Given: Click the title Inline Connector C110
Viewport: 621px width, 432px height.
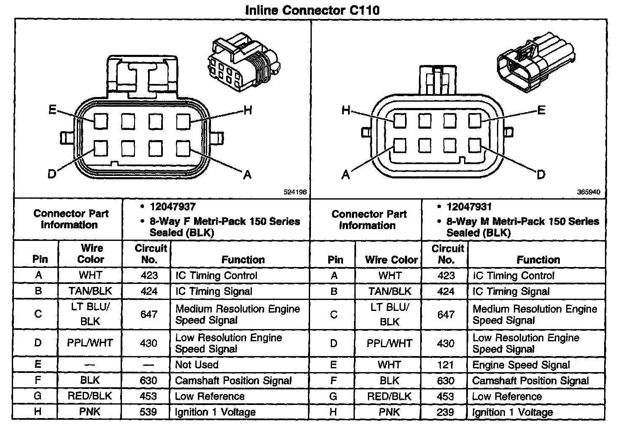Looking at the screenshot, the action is (312, 10).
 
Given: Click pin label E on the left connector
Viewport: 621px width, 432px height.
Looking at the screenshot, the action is (52, 110).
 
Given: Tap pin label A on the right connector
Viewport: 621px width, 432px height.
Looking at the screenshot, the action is (346, 174).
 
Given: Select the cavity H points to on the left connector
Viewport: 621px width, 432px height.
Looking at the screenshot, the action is (183, 122).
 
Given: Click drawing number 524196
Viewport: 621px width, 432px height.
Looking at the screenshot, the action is (295, 192).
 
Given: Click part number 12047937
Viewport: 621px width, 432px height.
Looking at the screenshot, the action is (173, 207).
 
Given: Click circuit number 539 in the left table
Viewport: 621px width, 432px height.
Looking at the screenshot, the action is (148, 412).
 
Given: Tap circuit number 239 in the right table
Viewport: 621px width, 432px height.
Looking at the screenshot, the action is (445, 412).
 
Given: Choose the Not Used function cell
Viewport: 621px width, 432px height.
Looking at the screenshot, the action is (197, 364).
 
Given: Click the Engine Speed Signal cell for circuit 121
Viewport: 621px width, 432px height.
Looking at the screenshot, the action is (521, 365).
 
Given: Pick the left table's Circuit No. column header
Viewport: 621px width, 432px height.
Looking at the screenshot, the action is (150, 254).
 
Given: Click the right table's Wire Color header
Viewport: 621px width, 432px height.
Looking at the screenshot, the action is (391, 259).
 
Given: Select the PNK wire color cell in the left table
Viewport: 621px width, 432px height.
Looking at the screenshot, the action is (90, 412).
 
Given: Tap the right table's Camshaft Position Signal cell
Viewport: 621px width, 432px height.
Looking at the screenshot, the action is (530, 381).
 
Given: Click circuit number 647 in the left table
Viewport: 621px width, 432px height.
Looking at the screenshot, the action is (148, 314).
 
